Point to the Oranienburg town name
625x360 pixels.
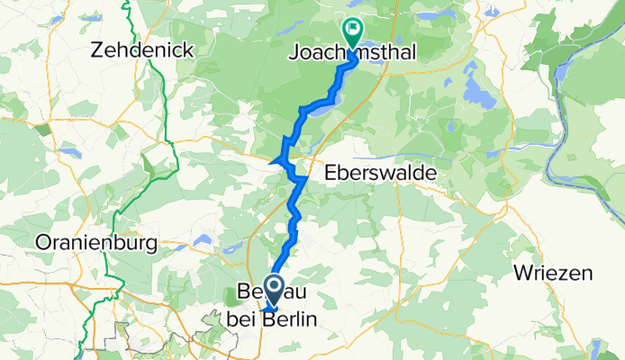click(x=95, y=243)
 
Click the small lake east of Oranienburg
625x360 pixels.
click(x=204, y=240)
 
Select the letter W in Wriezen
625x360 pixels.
click(x=520, y=272)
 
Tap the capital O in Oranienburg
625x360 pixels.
click(x=41, y=243)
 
